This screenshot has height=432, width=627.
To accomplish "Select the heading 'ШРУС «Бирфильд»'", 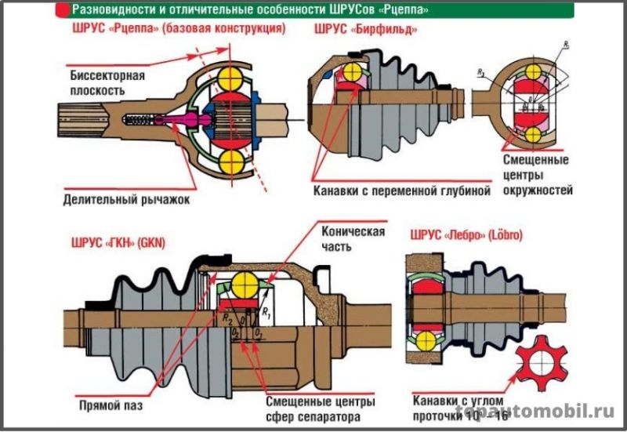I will pyautogui.click(x=364, y=30).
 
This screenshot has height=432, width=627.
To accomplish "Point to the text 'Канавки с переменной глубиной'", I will pyautogui.click(x=401, y=191).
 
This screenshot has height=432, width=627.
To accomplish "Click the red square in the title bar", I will pyautogui.click(x=60, y=10).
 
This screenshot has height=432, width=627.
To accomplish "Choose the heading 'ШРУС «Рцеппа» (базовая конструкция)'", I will pyautogui.click(x=174, y=30).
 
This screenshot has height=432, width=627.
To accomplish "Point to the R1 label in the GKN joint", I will pyautogui.click(x=266, y=313).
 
